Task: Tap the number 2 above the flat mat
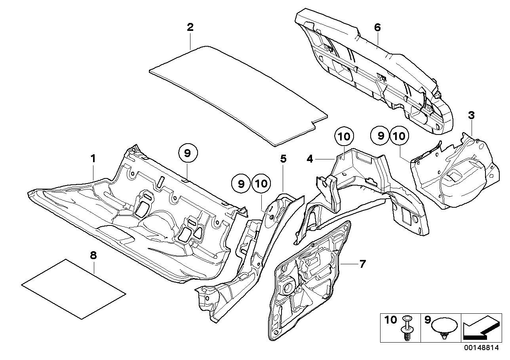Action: click(x=190, y=28)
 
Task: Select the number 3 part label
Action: click(x=471, y=116)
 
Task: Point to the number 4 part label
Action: click(x=321, y=159)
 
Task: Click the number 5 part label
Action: click(x=283, y=159)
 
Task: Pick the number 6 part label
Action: click(x=377, y=28)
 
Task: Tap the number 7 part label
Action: click(x=363, y=264)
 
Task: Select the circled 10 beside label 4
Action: click(x=344, y=137)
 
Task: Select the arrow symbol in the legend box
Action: click(x=479, y=327)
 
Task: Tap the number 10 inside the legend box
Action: click(x=390, y=320)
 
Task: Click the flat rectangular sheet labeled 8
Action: click(x=74, y=289)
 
